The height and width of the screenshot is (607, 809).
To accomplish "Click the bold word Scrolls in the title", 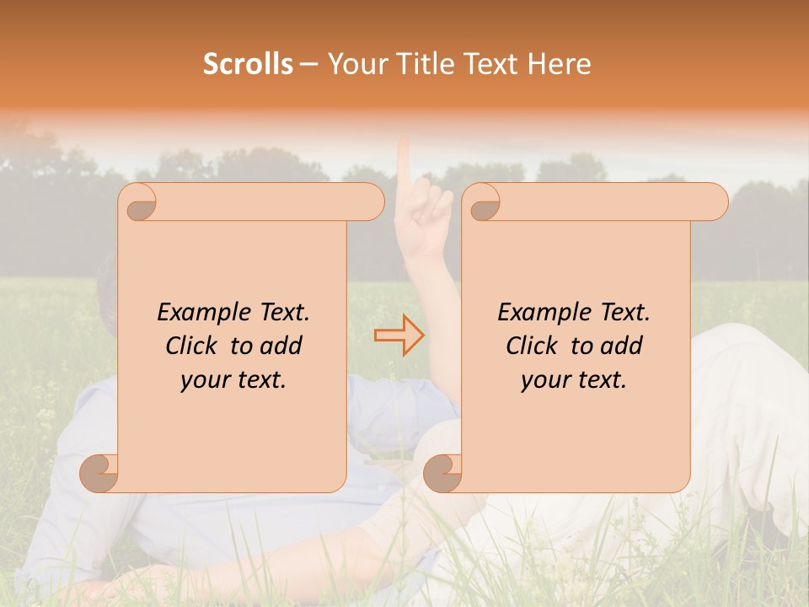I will point(249,64).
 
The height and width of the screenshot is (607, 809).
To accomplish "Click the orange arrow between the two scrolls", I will point(399,335).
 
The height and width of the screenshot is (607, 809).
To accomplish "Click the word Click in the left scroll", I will point(192,346).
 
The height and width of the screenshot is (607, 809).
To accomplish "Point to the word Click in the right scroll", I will point(533,346).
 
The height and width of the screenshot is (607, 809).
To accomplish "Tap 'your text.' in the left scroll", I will point(233,379).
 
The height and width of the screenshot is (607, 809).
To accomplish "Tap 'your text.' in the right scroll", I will point(573,379).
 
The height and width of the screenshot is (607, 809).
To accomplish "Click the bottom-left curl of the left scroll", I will point(99,473).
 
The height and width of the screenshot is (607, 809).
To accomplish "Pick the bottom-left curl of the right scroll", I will point(442,473).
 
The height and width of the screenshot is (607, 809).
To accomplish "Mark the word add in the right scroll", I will point(620,346).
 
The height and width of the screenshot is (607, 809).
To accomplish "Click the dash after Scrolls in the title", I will point(308,64).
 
